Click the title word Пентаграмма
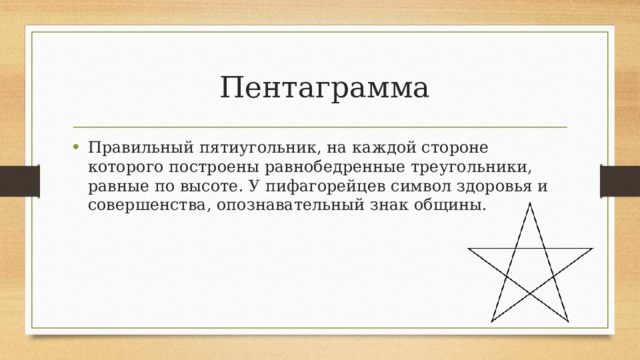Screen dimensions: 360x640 (x=324, y=87)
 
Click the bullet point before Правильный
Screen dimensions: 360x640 (x=78, y=146)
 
